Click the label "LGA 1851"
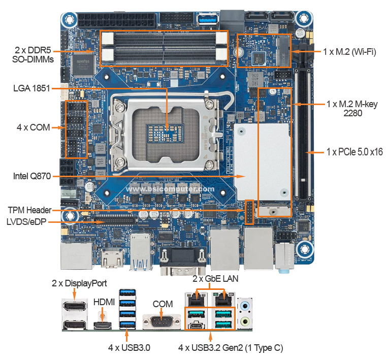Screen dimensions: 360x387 (31, 88)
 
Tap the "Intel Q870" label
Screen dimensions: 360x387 (31, 177)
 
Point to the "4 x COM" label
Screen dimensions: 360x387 (33, 127)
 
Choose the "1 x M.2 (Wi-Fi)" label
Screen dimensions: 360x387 (349, 52)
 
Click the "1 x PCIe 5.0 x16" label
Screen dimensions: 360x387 (354, 152)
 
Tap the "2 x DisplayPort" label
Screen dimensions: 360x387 (79, 283)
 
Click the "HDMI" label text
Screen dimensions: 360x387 (104, 302)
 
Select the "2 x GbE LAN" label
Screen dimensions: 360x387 (215, 279)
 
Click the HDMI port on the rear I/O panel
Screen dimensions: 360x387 (104, 325)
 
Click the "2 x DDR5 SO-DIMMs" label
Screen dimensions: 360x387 (33, 55)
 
